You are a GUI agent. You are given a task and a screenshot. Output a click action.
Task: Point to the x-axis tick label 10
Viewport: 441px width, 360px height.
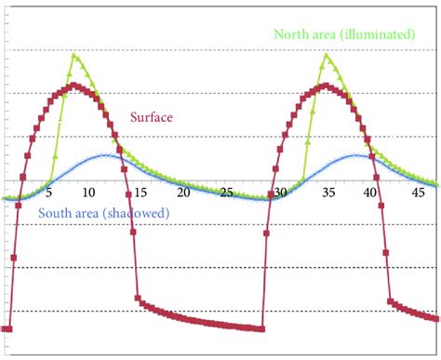tap(88, 193)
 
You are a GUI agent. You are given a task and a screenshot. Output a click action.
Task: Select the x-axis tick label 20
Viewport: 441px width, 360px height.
tap(183, 193)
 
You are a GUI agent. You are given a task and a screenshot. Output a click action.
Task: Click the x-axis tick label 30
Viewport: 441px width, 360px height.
tap(279, 193)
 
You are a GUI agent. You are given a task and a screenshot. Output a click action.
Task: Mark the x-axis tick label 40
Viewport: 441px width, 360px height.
tap(372, 193)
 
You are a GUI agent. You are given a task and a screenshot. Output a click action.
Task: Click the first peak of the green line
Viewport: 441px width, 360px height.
tap(73, 55)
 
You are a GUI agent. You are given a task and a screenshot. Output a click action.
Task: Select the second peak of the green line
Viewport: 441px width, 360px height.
tap(327, 55)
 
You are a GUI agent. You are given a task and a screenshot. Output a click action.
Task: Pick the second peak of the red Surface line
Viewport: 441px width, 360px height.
tap(325, 86)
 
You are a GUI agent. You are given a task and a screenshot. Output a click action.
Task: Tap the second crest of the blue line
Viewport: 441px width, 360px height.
tap(358, 155)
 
